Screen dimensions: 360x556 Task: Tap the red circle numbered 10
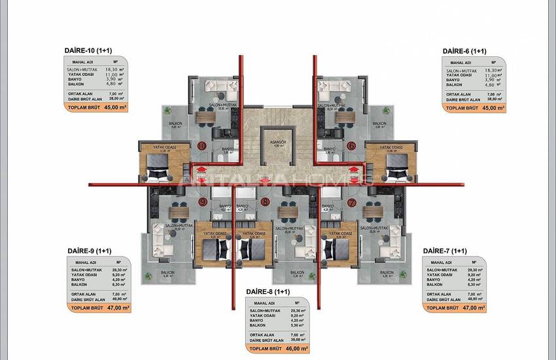(202, 145)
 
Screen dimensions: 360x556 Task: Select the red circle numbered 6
(351, 145)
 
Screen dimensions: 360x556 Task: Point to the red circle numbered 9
(203, 202)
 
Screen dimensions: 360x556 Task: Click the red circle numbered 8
(264, 202)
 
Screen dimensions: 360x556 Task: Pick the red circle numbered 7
(351, 202)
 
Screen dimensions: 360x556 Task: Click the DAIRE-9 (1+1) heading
(89, 251)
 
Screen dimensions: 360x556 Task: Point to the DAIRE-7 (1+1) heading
(445, 251)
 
